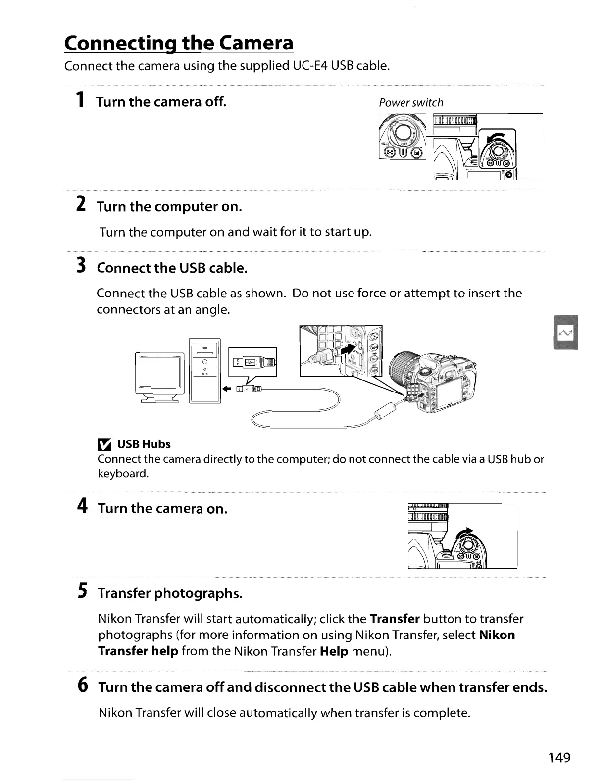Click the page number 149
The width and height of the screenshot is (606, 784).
(559, 757)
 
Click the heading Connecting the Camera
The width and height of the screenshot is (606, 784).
(179, 43)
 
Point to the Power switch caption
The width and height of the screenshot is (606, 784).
(411, 103)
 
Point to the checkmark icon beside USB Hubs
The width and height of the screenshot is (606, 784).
(104, 444)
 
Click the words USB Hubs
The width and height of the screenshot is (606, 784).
(144, 444)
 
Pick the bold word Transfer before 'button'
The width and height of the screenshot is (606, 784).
(395, 619)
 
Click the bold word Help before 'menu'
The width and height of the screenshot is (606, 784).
(334, 651)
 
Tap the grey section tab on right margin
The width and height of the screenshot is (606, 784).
(565, 332)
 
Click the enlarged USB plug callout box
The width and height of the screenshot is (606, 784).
(252, 362)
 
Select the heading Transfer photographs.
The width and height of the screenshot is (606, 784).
(170, 593)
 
